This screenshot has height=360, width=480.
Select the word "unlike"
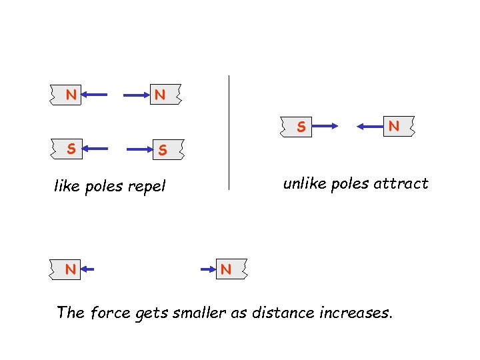point(303,183)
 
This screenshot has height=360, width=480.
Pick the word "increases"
point(357,311)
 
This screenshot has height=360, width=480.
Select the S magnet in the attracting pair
point(301,125)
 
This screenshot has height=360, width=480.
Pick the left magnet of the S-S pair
point(69,149)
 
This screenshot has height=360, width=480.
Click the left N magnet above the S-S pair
point(69,95)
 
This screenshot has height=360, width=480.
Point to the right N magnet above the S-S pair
point(160,95)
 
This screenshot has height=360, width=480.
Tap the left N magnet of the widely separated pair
point(69,269)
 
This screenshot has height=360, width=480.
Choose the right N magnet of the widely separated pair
point(226,269)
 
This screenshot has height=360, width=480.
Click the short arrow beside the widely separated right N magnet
point(209,269)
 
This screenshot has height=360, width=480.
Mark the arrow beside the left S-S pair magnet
point(96,149)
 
